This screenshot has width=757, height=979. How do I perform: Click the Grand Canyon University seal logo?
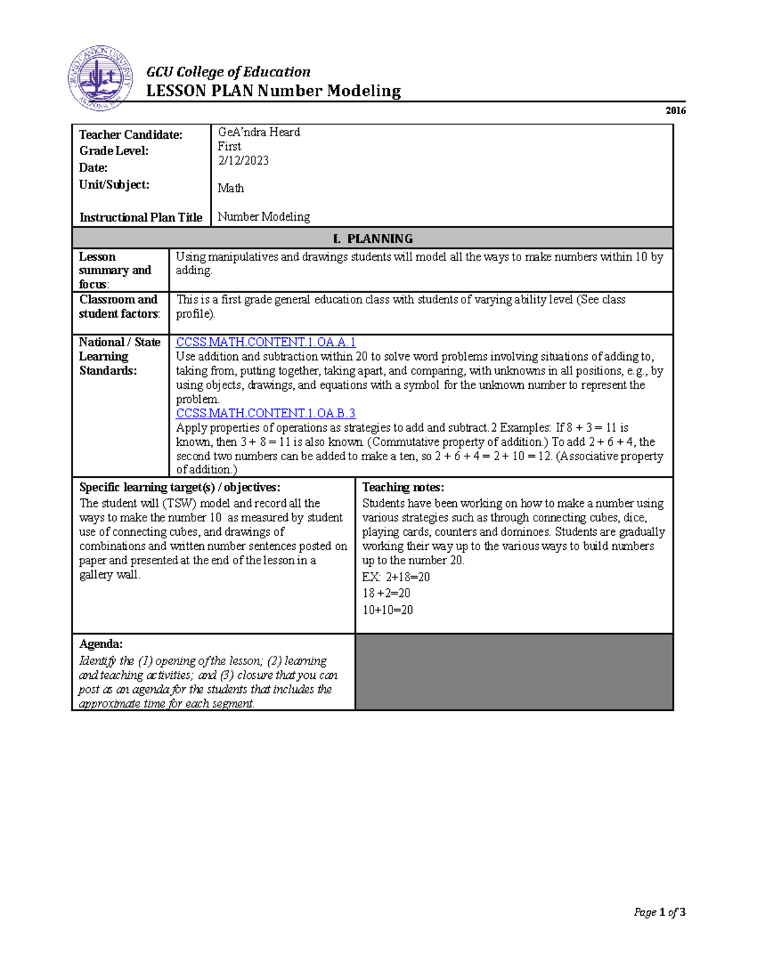[100, 79]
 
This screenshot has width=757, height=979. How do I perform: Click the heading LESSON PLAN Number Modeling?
[273, 91]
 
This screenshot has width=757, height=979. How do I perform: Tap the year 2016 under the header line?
[675, 110]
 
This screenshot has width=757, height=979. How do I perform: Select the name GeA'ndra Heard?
[259, 132]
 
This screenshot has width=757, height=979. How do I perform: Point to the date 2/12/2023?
[243, 161]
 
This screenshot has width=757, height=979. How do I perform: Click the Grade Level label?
[114, 151]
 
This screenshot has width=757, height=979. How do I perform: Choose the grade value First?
[229, 146]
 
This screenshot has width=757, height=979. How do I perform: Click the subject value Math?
[230, 188]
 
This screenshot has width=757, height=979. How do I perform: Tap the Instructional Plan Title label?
[140, 217]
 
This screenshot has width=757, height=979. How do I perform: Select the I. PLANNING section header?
[372, 238]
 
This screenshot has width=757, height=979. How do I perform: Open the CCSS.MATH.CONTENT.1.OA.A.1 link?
[266, 342]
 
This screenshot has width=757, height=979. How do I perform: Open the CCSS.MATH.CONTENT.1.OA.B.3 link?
[266, 414]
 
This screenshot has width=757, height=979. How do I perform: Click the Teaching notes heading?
[402, 487]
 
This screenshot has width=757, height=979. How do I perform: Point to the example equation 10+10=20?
[387, 610]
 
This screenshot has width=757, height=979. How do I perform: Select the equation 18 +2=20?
[386, 593]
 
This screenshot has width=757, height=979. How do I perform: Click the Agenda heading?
[100, 644]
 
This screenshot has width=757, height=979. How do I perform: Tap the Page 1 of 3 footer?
[659, 912]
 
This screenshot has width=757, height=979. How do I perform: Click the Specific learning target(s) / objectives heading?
[179, 487]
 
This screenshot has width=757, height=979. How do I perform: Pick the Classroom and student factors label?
[119, 306]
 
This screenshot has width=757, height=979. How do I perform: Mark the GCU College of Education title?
[228, 72]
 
